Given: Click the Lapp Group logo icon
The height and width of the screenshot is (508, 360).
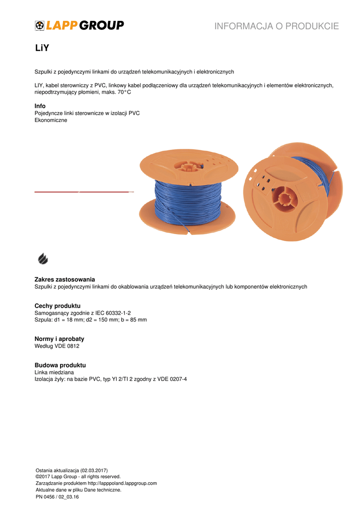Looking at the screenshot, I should [x=40, y=25].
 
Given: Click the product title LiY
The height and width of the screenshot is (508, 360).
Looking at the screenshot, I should [x=42, y=49].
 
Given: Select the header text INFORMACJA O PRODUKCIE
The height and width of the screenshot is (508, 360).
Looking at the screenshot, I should [x=277, y=26].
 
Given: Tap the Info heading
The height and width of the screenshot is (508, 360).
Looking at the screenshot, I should [x=40, y=106].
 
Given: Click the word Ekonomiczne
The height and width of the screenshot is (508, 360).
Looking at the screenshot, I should [x=51, y=120].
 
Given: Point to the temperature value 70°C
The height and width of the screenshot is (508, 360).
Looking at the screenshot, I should [x=124, y=92].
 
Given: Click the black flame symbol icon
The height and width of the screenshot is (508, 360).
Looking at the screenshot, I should [x=43, y=258].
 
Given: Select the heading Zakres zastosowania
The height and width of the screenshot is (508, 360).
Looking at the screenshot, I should [x=65, y=279].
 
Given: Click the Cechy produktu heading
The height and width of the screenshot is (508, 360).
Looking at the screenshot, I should [x=58, y=306].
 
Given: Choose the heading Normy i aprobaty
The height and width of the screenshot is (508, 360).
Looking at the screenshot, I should [x=59, y=339].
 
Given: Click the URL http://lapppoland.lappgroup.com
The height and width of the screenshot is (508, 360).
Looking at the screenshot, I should [x=122, y=483].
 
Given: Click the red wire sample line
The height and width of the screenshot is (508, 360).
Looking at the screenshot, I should [x=82, y=191].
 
